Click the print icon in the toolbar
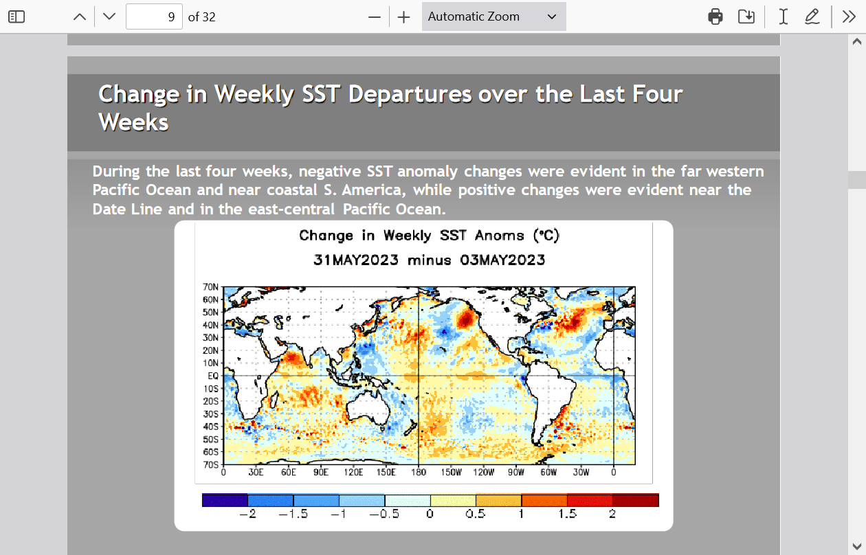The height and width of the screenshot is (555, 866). [x=715, y=16]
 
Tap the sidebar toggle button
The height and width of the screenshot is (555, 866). [x=16, y=16]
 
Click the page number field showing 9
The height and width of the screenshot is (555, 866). [x=154, y=16]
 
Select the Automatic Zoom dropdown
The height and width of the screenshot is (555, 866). [x=493, y=16]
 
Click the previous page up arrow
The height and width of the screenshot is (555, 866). [x=80, y=16]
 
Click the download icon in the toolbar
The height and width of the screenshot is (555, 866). [x=746, y=16]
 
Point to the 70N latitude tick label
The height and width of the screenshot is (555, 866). [x=210, y=287]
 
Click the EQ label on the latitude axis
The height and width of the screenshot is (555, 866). [x=213, y=376]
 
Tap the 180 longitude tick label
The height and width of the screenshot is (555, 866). [x=419, y=473]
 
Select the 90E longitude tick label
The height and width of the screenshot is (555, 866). [x=321, y=473]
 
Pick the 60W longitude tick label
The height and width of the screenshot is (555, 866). [x=548, y=473]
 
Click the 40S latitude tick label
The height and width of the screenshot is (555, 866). [x=210, y=427]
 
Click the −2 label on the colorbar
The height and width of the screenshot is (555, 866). [x=247, y=514]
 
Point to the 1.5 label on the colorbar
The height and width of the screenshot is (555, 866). [x=567, y=514]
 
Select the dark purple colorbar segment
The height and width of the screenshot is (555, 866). [x=225, y=500]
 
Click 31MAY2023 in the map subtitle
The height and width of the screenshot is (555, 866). [x=356, y=260]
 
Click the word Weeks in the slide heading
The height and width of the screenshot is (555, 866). [x=133, y=122]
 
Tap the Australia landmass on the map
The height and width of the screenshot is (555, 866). [x=367, y=409]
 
